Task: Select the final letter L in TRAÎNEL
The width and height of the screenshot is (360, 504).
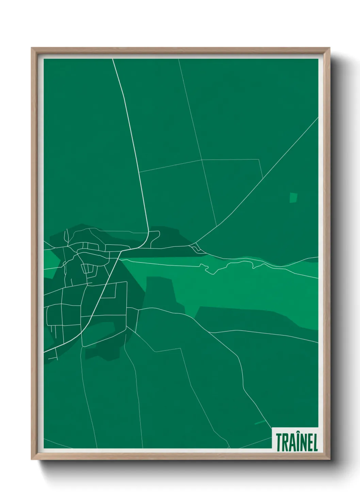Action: pyautogui.click(x=315, y=442)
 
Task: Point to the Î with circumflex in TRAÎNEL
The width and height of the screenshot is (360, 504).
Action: pyautogui.click(x=297, y=441)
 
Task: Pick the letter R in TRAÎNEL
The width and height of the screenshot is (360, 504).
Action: pyautogui.click(x=285, y=442)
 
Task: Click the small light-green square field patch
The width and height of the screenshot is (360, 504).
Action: pyautogui.click(x=293, y=198)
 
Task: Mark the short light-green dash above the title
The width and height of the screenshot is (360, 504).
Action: pyautogui.click(x=260, y=422)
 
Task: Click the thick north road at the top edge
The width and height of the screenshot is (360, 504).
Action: pyautogui.click(x=113, y=60)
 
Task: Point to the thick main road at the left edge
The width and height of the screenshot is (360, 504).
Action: pyautogui.click(x=45, y=351)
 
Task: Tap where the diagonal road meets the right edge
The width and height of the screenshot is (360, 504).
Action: pyautogui.click(x=317, y=118)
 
